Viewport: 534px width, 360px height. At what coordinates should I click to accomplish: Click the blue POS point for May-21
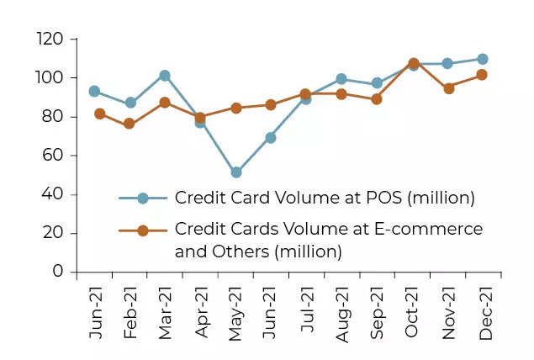236,172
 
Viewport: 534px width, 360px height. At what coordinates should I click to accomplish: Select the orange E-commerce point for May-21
236,108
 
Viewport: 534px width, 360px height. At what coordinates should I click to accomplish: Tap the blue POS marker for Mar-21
165,76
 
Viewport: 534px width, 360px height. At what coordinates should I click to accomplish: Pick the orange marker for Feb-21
130,124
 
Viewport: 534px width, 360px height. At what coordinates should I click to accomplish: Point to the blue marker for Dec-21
483,59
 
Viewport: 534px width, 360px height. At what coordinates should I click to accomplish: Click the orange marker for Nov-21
449,87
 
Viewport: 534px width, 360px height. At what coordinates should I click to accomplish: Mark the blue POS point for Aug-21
341,79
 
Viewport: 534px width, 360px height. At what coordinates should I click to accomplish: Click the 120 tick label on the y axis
50,40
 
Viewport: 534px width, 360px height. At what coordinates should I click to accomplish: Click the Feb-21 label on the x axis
130,313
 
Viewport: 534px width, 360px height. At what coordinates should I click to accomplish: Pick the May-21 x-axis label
236,313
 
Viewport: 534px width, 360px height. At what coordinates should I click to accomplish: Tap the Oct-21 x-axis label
413,313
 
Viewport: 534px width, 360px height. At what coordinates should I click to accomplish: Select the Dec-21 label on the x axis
484,313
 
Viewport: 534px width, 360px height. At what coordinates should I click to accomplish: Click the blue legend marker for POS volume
142,199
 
